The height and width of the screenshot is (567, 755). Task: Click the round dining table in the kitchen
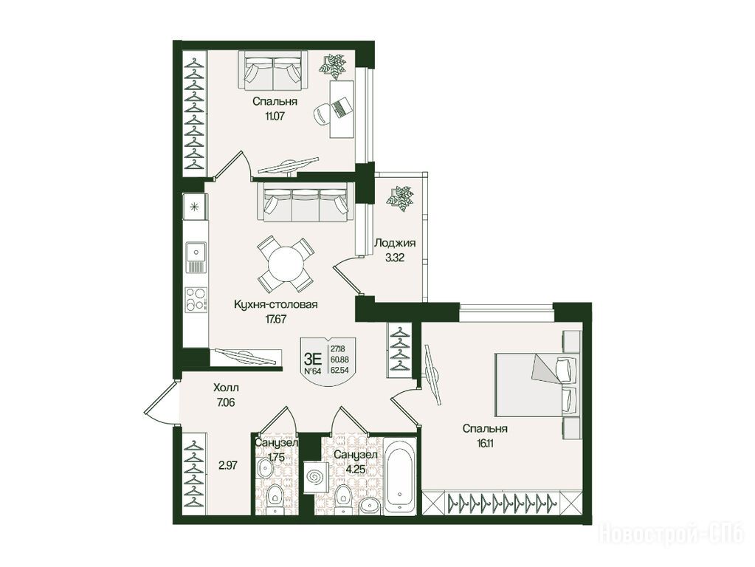click(x=286, y=264)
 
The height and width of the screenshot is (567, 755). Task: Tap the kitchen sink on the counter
click(x=196, y=257)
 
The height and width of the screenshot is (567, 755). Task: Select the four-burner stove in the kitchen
click(x=196, y=299)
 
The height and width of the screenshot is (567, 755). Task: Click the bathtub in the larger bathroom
click(x=400, y=475)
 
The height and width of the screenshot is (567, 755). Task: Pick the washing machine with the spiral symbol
click(x=317, y=477)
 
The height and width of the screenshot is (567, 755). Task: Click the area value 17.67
click(x=276, y=318)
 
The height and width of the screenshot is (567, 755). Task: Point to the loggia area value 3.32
click(x=394, y=257)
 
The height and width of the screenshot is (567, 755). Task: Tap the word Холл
click(x=226, y=388)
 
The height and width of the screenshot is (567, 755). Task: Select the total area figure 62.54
click(x=340, y=371)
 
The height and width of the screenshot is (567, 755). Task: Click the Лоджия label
click(x=395, y=243)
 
